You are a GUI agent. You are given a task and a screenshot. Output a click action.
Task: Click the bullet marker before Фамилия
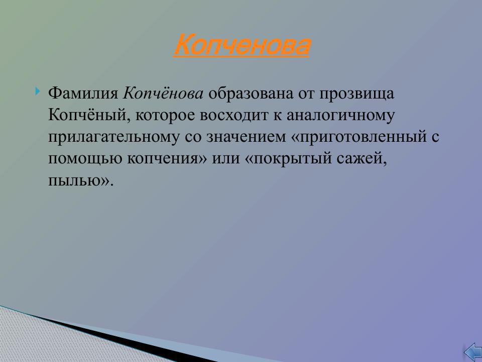pos(39,92)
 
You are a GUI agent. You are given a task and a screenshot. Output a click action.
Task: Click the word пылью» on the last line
pos(78,180)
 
